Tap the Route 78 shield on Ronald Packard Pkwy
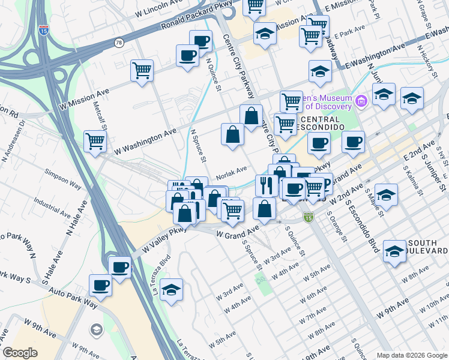(x=119, y=43)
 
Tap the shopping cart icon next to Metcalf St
(x=95, y=142)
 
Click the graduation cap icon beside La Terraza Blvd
(x=171, y=289)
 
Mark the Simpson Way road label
(x=65, y=187)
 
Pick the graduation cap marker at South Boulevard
(x=394, y=251)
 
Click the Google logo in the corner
(x=20, y=352)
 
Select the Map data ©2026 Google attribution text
(x=412, y=355)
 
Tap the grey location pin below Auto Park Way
(x=97, y=330)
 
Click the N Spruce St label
(x=198, y=146)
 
